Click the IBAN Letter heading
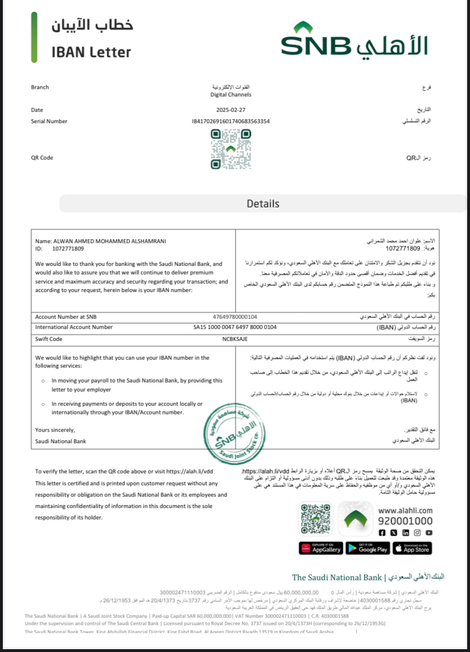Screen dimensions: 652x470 (x=91, y=52)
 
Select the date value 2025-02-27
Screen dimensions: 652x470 (x=230, y=109)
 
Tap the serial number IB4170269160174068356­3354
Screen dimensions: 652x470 (x=230, y=121)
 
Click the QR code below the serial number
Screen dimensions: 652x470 (x=230, y=149)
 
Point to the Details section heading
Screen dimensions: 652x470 (x=263, y=204)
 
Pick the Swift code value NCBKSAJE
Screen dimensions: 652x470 (x=235, y=339)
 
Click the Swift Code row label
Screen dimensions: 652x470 (x=49, y=339)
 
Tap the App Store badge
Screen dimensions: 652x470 (x=413, y=548)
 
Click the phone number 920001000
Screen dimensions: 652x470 (x=405, y=521)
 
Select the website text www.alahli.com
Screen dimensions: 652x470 (x=405, y=510)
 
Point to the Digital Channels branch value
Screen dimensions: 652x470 (x=230, y=95)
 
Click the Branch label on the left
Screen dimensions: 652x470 (x=40, y=87)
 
